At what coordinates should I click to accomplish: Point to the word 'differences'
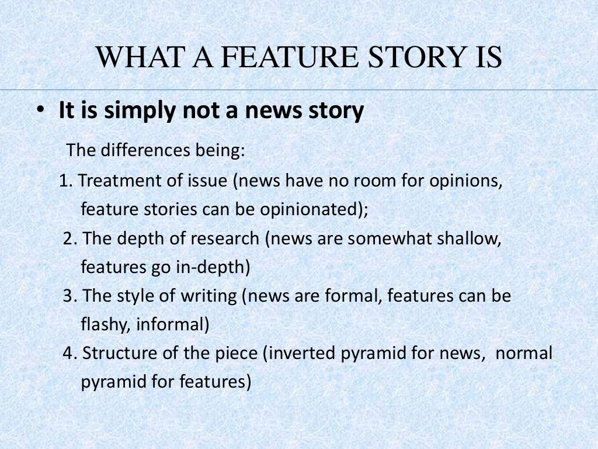[x=139, y=150]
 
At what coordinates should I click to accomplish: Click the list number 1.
[x=65, y=181]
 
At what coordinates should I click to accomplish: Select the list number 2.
[x=68, y=239]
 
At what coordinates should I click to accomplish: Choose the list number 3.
[x=68, y=296]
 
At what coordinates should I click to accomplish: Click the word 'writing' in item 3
[x=207, y=296]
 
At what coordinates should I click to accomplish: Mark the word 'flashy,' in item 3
[x=106, y=324]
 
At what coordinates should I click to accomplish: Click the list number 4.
[x=68, y=354]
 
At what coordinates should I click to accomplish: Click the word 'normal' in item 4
[x=524, y=354]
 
